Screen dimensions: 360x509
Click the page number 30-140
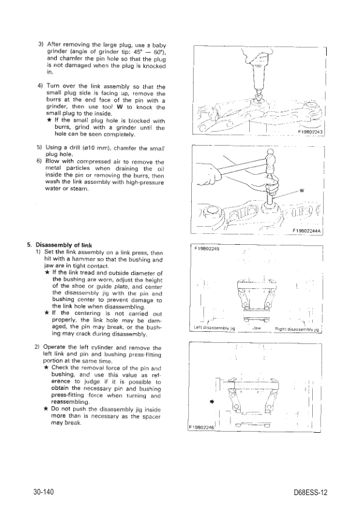coord(43,491)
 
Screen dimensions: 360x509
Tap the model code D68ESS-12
coord(310,493)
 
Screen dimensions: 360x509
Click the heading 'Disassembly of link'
coord(64,245)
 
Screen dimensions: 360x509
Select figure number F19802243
coord(310,132)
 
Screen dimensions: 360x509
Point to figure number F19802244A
coord(306,230)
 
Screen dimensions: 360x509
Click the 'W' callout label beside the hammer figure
coord(301,190)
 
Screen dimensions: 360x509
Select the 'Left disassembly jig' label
coord(214,328)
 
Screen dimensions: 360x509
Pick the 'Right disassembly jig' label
coord(297,329)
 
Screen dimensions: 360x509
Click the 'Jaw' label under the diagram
coord(257,328)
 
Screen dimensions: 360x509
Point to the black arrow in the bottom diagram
coord(212,401)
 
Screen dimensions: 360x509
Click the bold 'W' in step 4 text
coord(120,107)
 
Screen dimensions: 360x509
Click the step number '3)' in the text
coord(41,44)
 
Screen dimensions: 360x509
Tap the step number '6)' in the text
coord(40,161)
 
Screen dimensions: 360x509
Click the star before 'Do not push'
coord(47,409)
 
